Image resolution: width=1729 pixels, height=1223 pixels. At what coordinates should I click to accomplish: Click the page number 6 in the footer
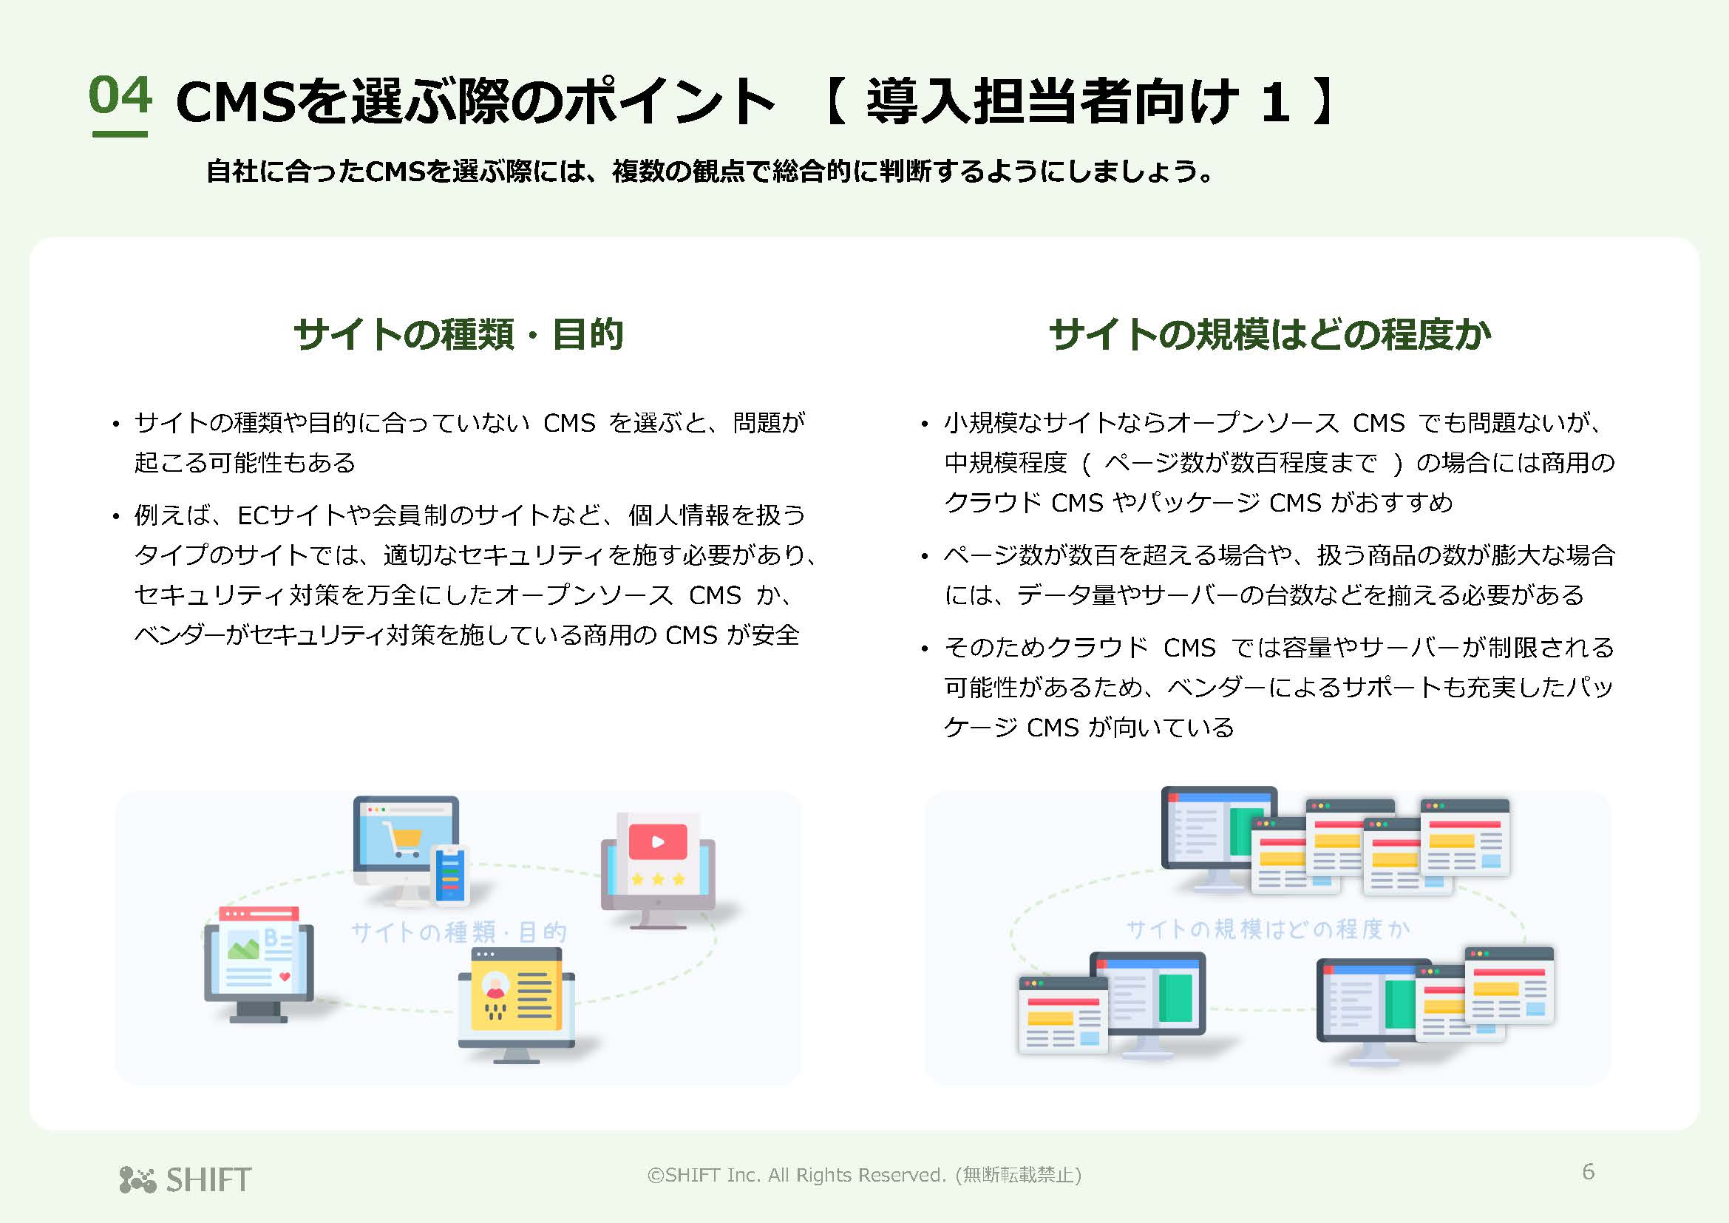pyautogui.click(x=1588, y=1171)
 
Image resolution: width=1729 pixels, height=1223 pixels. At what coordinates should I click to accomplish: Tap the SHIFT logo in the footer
pyautogui.click(x=186, y=1179)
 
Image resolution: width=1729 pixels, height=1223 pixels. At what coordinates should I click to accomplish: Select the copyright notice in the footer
pyautogui.click(x=863, y=1175)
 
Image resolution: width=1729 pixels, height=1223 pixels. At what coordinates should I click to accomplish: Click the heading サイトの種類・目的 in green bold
pyautogui.click(x=458, y=334)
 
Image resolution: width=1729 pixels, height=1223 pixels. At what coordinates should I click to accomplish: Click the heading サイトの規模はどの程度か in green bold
pyautogui.click(x=1270, y=334)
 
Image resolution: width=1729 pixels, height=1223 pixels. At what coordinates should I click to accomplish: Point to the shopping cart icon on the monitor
pyautogui.click(x=402, y=839)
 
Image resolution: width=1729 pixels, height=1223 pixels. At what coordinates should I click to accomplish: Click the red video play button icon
pyautogui.click(x=657, y=842)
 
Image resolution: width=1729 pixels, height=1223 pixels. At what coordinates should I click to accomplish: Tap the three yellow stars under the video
pyautogui.click(x=657, y=879)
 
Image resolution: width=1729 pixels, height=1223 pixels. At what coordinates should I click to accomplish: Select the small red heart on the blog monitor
pyautogui.click(x=285, y=977)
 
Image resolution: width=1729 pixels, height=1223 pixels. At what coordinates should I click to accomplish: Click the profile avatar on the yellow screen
pyautogui.click(x=495, y=985)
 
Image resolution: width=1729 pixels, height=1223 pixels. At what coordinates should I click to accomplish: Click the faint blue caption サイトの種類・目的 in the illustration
pyautogui.click(x=458, y=932)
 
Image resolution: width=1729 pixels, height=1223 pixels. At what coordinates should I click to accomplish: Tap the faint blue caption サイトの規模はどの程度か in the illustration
pyautogui.click(x=1268, y=929)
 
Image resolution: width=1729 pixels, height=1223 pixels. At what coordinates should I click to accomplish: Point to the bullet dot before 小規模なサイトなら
pyautogui.click(x=924, y=424)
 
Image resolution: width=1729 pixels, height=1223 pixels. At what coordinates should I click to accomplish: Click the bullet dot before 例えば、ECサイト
pyautogui.click(x=115, y=518)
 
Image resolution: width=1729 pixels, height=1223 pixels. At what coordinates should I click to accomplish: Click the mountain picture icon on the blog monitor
pyautogui.click(x=243, y=945)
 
